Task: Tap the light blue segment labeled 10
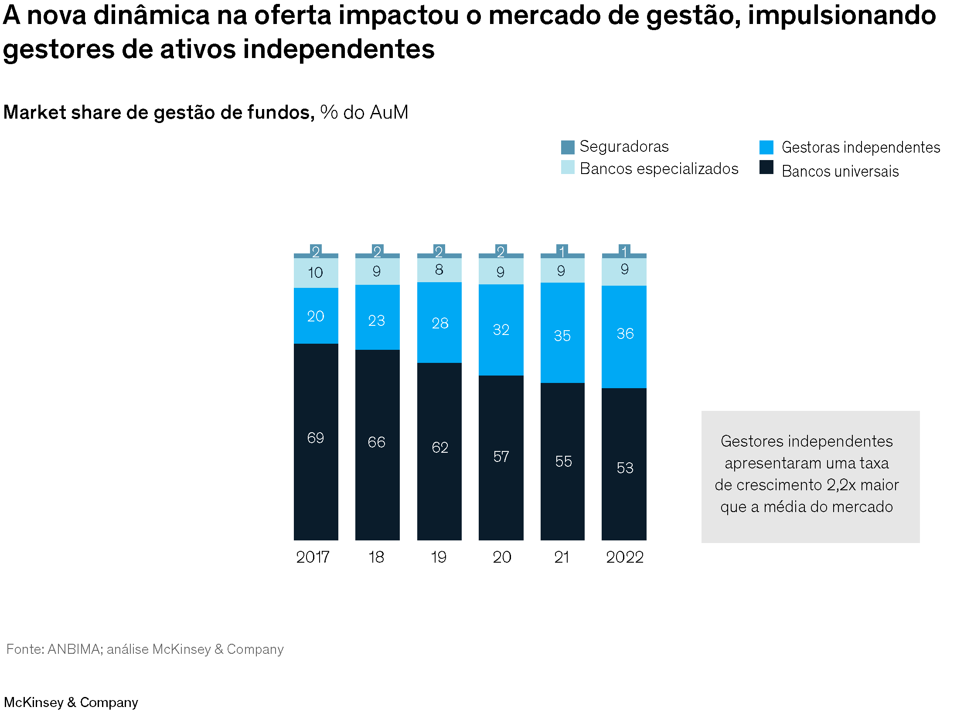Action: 316,273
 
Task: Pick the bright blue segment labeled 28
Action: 439,323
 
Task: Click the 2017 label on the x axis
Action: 313,557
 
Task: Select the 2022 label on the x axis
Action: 624,557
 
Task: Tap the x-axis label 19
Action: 438,557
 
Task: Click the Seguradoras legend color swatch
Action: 568,147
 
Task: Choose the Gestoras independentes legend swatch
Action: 766,147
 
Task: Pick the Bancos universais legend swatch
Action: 766,167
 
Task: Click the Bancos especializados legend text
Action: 659,169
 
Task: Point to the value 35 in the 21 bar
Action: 562,336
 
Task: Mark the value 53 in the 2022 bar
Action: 625,468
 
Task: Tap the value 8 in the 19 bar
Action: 439,270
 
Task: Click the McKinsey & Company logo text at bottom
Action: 71,702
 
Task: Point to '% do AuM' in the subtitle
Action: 364,113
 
